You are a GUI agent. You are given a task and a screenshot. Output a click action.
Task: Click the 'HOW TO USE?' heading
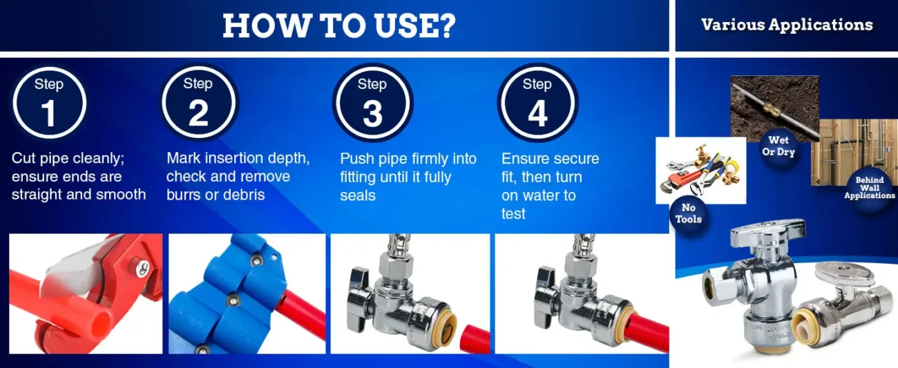pyautogui.click(x=339, y=26)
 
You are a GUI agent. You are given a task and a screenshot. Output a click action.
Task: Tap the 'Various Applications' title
pyautogui.click(x=787, y=25)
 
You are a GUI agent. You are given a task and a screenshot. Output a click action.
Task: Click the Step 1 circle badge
pyautogui.click(x=49, y=103)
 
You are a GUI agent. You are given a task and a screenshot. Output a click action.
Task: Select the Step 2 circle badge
pyautogui.click(x=198, y=101)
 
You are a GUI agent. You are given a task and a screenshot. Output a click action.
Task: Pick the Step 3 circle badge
pyautogui.click(x=372, y=102)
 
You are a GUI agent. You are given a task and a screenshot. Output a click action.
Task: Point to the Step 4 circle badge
pyautogui.click(x=537, y=102)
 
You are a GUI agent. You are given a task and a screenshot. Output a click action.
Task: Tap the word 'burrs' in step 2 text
pyautogui.click(x=183, y=195)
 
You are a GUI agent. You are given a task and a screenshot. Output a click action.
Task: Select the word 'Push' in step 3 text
pyautogui.click(x=356, y=158)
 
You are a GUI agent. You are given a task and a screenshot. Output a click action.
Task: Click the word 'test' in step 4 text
pyautogui.click(x=513, y=213)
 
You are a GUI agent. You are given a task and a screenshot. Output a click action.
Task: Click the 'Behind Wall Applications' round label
pyautogui.click(x=869, y=188)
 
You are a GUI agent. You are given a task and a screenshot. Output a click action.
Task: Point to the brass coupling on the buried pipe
pyautogui.click(x=770, y=108)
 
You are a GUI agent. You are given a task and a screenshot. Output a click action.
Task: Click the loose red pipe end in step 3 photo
pyautogui.click(x=475, y=339)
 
